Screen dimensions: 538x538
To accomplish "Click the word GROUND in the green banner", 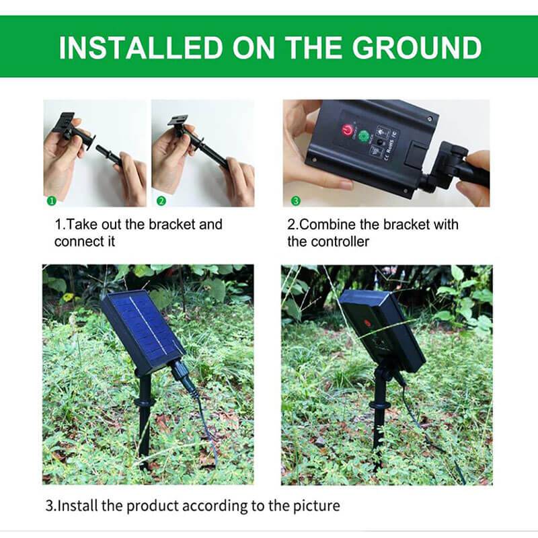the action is click(417, 47).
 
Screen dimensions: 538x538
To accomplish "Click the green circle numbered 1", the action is click(51, 200).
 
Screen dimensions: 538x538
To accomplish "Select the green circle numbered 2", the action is click(161, 200).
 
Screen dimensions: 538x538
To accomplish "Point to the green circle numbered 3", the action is click(295, 200).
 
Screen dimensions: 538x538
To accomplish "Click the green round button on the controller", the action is click(363, 137).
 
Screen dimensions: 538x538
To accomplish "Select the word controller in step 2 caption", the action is click(340, 242).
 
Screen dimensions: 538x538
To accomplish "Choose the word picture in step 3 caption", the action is click(316, 506).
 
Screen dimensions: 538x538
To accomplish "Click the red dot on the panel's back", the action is click(366, 323).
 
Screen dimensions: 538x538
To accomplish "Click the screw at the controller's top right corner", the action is click(430, 119).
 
